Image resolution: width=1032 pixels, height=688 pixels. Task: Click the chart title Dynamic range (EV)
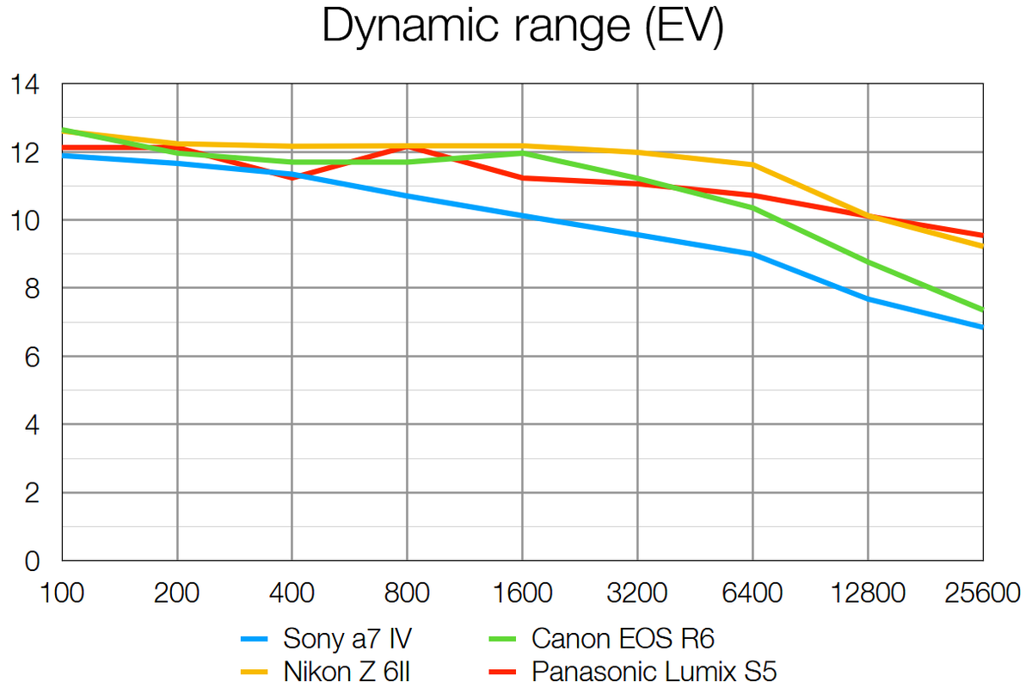[x=521, y=28]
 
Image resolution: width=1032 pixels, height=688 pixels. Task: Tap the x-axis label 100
[x=61, y=593]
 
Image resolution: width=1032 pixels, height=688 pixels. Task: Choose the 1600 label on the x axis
[x=522, y=593]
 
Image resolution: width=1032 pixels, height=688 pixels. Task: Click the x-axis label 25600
[x=981, y=593]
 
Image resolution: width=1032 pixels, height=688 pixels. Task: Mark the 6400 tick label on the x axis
[x=752, y=593]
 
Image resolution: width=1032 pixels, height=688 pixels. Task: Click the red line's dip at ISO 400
[x=292, y=178]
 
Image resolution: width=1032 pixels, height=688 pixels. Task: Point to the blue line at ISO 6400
[x=752, y=254]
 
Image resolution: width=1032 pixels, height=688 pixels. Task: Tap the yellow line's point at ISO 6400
[x=752, y=164]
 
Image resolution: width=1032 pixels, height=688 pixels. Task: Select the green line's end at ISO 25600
[x=982, y=310]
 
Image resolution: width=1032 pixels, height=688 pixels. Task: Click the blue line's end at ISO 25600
[x=982, y=327]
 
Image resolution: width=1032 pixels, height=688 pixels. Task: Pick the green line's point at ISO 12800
[x=867, y=261]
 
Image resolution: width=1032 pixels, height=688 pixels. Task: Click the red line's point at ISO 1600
[x=522, y=178]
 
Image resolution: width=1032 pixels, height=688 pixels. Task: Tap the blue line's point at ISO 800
[x=407, y=196]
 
